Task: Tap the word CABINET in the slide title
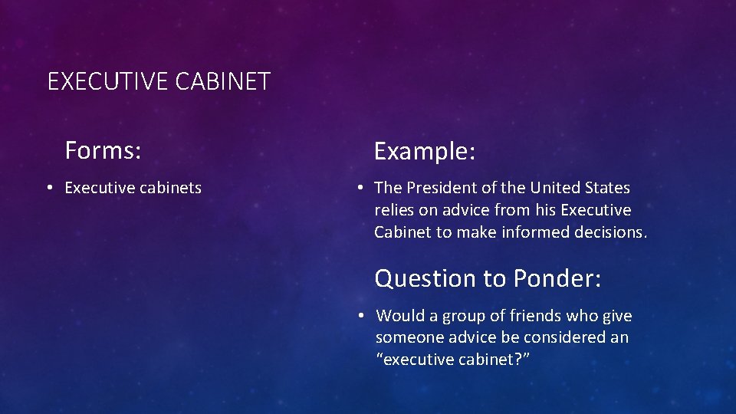click(x=223, y=81)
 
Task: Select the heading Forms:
click(x=103, y=150)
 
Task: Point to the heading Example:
click(x=425, y=152)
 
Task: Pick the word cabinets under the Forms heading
click(x=170, y=188)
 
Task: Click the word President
click(x=443, y=188)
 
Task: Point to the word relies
click(x=394, y=210)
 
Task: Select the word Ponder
click(x=557, y=278)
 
